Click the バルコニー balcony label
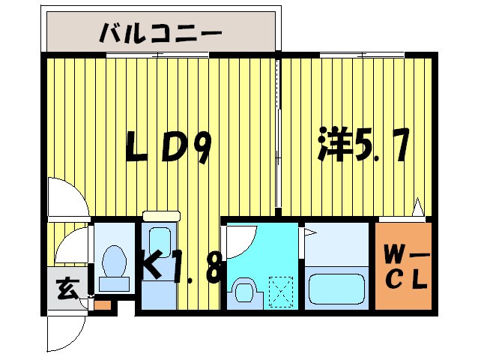[161, 33]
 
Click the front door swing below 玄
[60, 330]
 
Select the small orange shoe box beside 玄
[102, 305]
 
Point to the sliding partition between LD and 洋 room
[278, 135]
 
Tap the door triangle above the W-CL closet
[419, 205]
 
